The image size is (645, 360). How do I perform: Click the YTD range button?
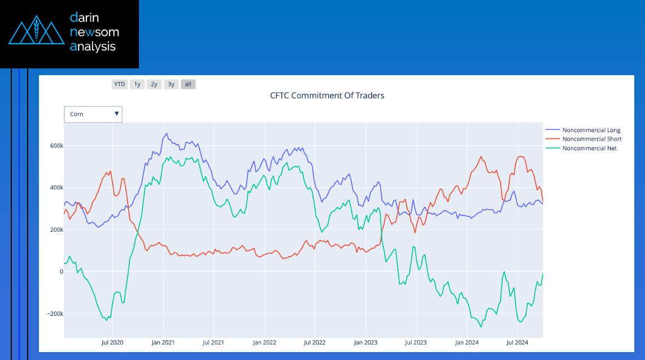tap(119, 84)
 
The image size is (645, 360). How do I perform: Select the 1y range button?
tap(137, 84)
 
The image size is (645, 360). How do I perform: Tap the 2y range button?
tap(154, 84)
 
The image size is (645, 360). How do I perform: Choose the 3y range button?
tap(171, 84)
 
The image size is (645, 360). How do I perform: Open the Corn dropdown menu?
tap(93, 114)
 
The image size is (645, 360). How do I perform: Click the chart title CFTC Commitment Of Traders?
tap(327, 96)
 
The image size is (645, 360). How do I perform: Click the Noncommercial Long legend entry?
tap(591, 131)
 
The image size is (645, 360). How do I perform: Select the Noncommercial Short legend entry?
tap(591, 139)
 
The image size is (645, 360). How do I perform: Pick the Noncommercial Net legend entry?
tap(589, 148)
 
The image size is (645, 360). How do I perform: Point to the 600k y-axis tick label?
tap(54, 146)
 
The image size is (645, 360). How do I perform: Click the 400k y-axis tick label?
tap(54, 188)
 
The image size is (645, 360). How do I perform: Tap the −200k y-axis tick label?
tap(52, 314)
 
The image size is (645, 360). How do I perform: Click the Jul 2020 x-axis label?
tap(112, 342)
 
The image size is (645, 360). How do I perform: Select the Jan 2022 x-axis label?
tap(264, 342)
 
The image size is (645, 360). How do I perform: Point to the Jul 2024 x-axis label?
tap(517, 342)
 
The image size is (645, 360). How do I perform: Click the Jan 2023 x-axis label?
tap(365, 342)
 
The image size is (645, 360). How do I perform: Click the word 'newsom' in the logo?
tap(94, 32)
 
